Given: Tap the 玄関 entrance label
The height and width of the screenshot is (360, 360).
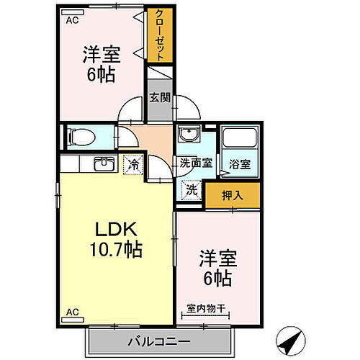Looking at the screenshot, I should tap(160, 99).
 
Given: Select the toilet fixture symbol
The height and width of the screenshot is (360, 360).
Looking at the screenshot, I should tap(78, 135).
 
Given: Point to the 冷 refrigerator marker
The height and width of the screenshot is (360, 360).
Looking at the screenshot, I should tap(133, 164).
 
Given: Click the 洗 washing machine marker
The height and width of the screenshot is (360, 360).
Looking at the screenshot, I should tap(192, 190).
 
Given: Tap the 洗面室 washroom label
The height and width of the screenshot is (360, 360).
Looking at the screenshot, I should tap(196, 163).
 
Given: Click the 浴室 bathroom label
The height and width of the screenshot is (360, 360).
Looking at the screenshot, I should tap(240, 163).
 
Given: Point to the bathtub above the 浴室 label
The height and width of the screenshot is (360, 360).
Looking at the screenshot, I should tap(240, 138).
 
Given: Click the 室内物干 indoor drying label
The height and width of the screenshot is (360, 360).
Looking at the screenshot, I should tap(206, 308).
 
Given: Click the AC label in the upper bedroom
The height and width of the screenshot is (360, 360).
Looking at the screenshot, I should tap(71, 21).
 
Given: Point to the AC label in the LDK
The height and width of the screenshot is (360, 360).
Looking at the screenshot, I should tap(72, 312).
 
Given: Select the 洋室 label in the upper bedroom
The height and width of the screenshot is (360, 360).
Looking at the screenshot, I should tap(100, 55).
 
